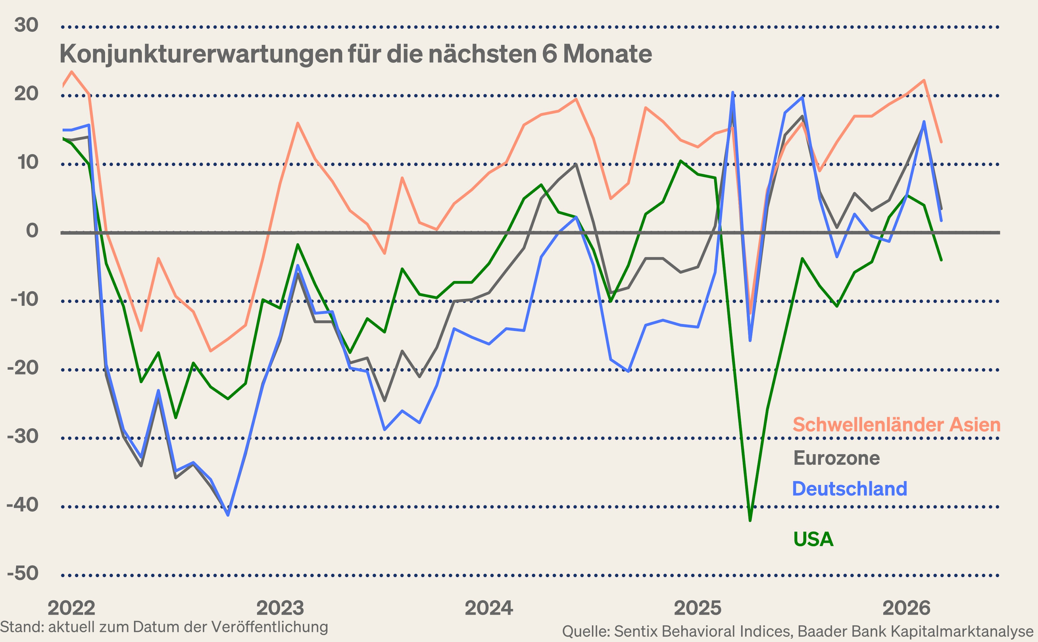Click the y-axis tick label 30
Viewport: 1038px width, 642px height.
coord(26,25)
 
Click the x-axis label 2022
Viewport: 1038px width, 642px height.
coord(71,608)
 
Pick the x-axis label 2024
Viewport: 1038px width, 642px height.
coord(489,608)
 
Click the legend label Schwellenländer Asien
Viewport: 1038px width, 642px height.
coord(896,424)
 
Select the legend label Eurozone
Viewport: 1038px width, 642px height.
coord(837,458)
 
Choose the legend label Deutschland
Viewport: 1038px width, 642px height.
coord(850,489)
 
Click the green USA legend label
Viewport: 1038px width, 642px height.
coord(813,539)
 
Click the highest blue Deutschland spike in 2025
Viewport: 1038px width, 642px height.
coord(733,92)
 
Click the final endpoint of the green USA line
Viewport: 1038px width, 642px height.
coord(941,260)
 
